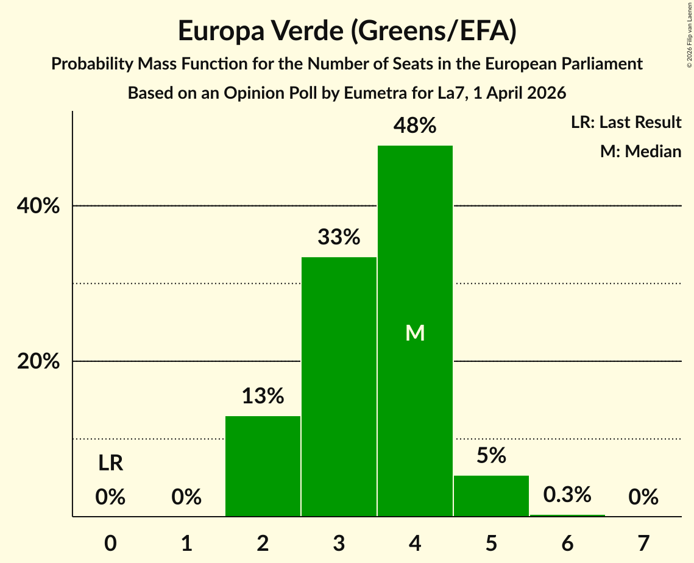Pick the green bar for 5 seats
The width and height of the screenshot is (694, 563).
point(491,496)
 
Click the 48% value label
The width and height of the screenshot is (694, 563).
point(415,126)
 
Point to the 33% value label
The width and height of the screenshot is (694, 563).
point(339,236)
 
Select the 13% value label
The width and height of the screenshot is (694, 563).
point(263,396)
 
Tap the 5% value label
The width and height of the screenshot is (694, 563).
point(491,455)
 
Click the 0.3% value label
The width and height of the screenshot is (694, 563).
point(567,495)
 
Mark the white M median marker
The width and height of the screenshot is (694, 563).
point(415,333)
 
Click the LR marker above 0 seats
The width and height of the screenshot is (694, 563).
point(111,464)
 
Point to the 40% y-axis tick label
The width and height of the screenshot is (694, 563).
point(38,207)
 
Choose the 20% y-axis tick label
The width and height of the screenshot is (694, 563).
point(38,362)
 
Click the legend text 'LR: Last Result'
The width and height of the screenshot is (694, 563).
point(626,122)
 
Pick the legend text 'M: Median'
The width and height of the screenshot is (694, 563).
point(640,151)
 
